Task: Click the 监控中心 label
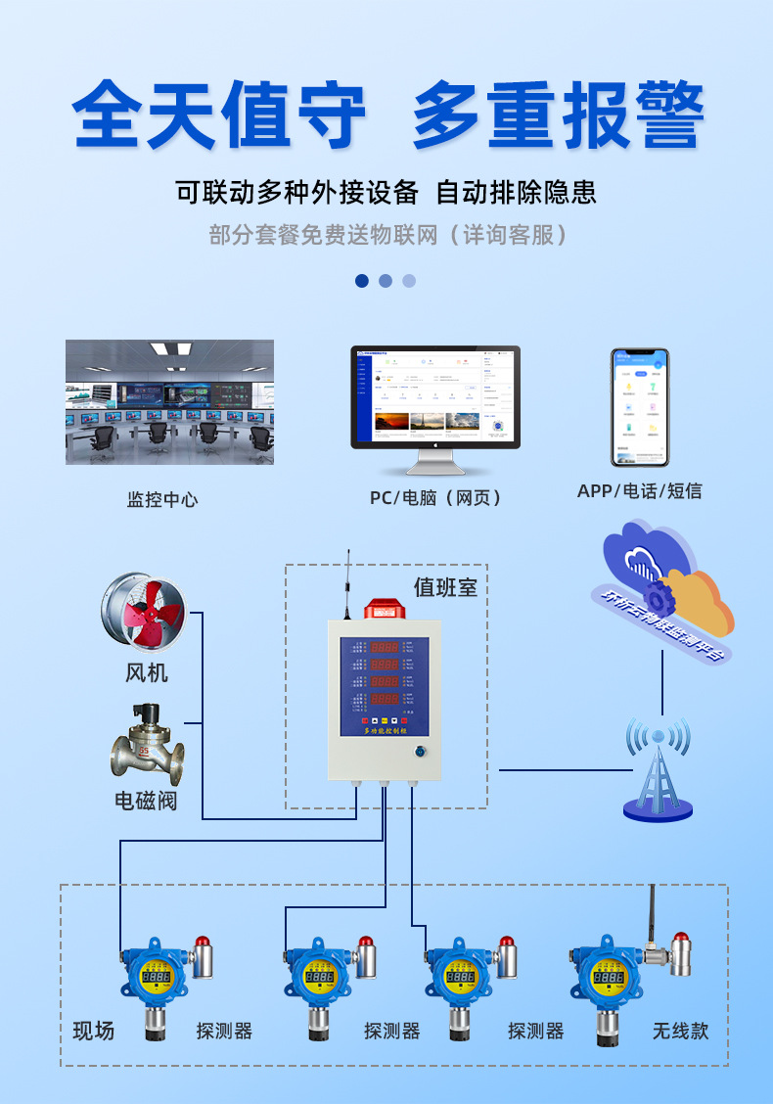pos(162,499)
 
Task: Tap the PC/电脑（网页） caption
pos(436,498)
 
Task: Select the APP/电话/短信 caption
pos(639,490)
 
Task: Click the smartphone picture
pos(640,406)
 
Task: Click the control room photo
pos(169,402)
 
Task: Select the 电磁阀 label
pos(146,800)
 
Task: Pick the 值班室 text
pos(445,586)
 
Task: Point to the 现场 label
pos(94,1031)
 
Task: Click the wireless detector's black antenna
pos(653,915)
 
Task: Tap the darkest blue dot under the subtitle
pos(362,281)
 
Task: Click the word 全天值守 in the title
pos(219,116)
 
